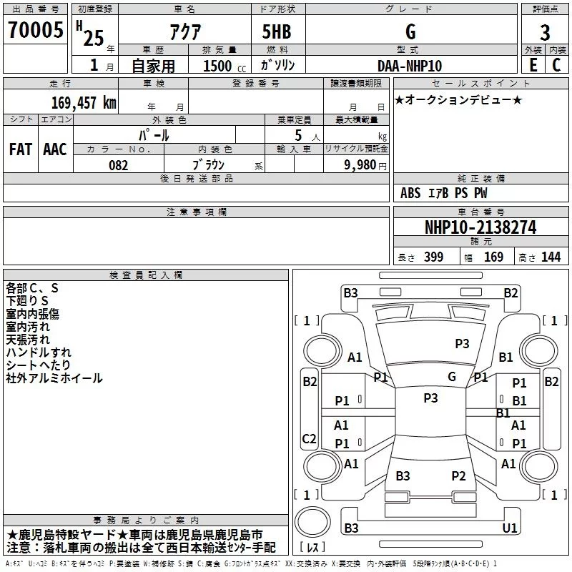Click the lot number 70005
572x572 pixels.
pyautogui.click(x=35, y=29)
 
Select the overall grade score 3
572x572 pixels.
pyautogui.click(x=545, y=32)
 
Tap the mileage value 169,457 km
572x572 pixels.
pyautogui.click(x=84, y=102)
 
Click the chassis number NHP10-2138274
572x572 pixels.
pyautogui.click(x=480, y=227)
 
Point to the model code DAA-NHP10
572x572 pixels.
pyautogui.click(x=410, y=66)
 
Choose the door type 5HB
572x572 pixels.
pyautogui.click(x=277, y=31)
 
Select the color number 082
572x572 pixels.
pyautogui.click(x=119, y=165)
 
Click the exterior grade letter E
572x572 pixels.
pyautogui.click(x=533, y=65)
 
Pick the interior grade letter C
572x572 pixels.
pyautogui.click(x=556, y=65)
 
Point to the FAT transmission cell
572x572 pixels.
pyautogui.click(x=21, y=149)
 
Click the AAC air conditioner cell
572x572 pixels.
pyautogui.click(x=55, y=149)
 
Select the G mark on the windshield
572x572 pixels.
pyautogui.click(x=452, y=377)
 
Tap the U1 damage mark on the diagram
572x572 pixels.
pyautogui.click(x=510, y=528)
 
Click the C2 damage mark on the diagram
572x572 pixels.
pyautogui.click(x=309, y=438)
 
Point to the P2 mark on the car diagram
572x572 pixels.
pyautogui.click(x=458, y=475)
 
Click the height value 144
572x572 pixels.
pyautogui.click(x=551, y=257)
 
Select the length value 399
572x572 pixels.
pyautogui.click(x=433, y=257)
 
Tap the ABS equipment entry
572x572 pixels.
pyautogui.click(x=410, y=193)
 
